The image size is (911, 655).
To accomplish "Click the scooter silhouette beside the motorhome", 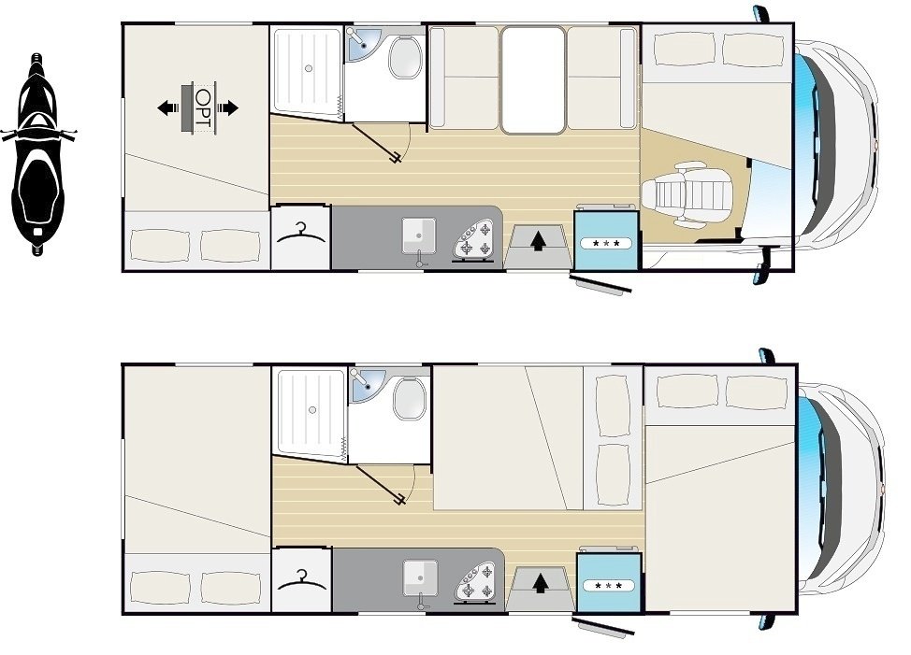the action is [x=38, y=154].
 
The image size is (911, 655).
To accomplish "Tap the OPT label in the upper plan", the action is [x=203, y=107].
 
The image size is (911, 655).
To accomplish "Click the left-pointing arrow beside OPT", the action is [x=169, y=107].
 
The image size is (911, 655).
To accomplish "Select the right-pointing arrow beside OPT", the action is [x=227, y=107].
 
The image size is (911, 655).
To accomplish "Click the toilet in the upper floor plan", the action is [x=406, y=57].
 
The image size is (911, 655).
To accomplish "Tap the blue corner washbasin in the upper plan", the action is [x=361, y=44].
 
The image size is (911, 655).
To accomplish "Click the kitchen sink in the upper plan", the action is [x=419, y=236].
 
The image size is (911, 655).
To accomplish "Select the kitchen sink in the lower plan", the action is [x=421, y=577].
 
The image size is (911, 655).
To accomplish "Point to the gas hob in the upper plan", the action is [x=475, y=239].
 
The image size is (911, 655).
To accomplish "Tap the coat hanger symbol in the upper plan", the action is [x=301, y=234].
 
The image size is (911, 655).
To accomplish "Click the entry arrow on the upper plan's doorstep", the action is [x=539, y=240].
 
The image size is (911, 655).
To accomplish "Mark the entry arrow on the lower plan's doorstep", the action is [x=541, y=582].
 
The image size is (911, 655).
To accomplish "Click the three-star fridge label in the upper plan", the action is [x=606, y=244].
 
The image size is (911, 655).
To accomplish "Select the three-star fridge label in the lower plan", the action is [x=608, y=586].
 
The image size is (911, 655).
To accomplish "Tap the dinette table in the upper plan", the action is [x=533, y=80].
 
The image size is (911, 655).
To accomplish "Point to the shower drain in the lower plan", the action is [x=312, y=410].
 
